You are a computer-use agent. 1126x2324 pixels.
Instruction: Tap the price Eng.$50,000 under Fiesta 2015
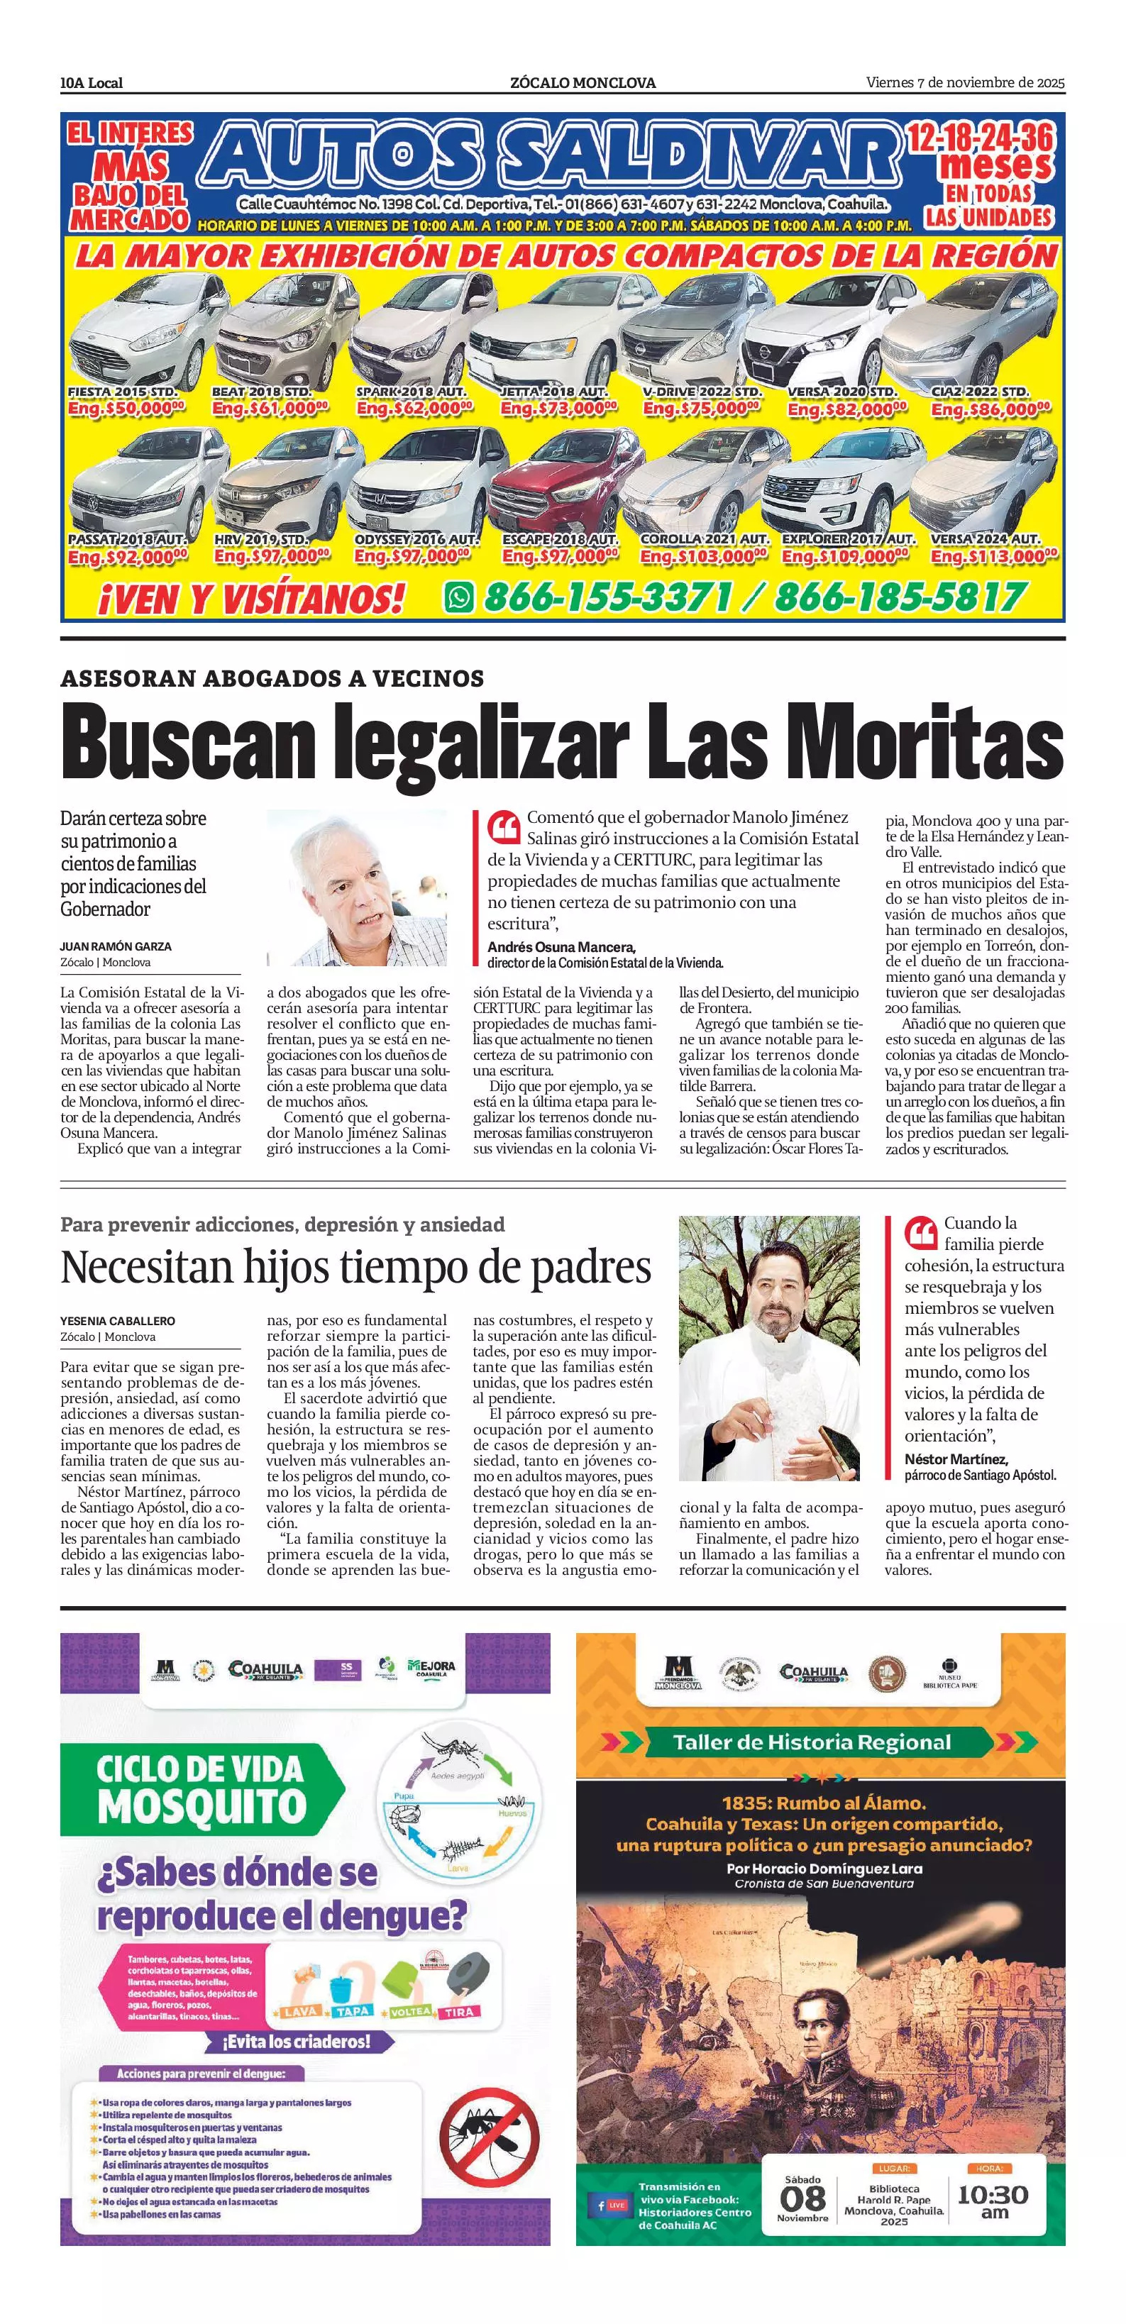coord(126,409)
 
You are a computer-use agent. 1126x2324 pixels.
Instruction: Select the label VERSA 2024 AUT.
coord(986,538)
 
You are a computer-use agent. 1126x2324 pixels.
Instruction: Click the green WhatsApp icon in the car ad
coord(459,597)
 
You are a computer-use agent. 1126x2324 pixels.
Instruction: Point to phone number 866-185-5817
coord(900,597)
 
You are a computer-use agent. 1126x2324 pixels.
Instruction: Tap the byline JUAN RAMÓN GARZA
coord(116,946)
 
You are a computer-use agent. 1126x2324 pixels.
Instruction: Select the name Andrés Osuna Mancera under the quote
coord(561,947)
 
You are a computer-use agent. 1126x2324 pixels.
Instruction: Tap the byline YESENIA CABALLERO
coord(117,1321)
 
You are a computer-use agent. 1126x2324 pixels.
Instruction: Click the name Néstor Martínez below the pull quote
coord(956,1459)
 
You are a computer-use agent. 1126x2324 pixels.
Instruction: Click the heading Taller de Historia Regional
coord(812,1742)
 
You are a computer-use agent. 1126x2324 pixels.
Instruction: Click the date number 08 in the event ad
coord(802,2197)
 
